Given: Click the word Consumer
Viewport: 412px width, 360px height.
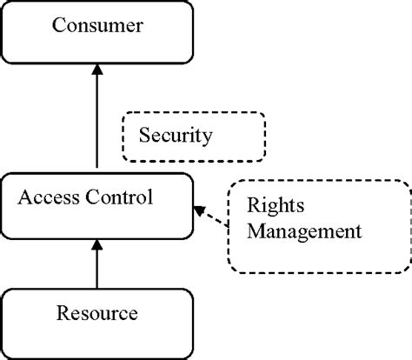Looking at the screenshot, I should click(96, 25).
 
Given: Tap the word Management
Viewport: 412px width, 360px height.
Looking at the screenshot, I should click(303, 232).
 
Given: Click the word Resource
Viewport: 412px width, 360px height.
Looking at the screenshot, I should click(96, 310).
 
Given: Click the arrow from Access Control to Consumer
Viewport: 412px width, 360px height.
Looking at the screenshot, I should click(96, 122).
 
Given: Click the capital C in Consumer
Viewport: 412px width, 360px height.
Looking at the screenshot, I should click(59, 25).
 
